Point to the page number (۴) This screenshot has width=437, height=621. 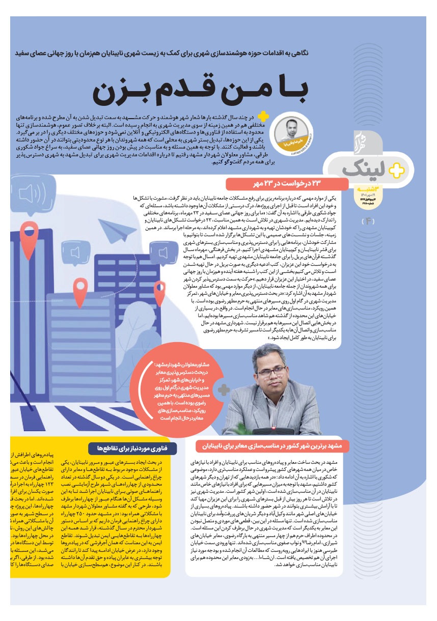pos(367,221)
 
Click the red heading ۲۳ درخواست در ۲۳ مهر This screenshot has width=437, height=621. pos(287,183)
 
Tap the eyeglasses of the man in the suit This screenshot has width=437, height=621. pos(271,371)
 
